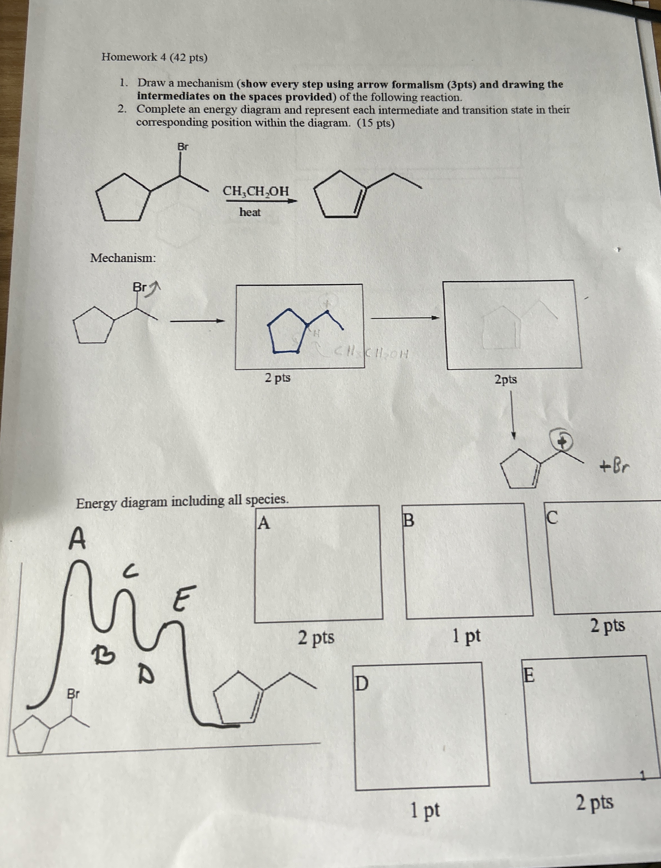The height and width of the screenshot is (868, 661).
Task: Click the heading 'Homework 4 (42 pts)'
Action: [154, 57]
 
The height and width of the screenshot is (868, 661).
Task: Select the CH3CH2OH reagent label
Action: [256, 191]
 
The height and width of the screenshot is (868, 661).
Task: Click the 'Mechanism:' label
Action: [123, 258]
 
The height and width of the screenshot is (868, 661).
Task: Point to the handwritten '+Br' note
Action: [615, 467]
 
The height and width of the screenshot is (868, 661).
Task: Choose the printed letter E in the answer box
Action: [529, 676]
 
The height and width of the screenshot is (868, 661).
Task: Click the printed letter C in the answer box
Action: [552, 518]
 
